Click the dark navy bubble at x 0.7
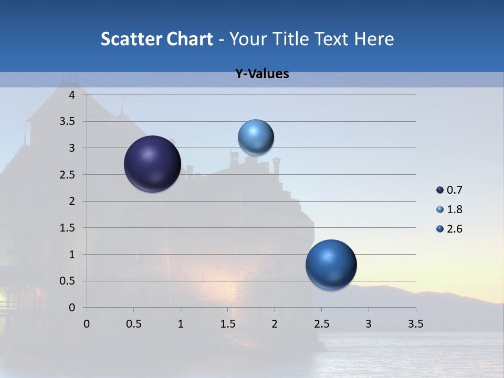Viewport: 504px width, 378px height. pyautogui.click(x=152, y=164)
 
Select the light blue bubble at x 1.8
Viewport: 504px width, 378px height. pyautogui.click(x=256, y=137)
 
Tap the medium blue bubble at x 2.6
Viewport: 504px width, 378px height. pyautogui.click(x=331, y=265)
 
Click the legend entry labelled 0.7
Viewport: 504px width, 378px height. pyautogui.click(x=449, y=190)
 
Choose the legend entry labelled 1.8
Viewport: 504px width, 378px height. pyautogui.click(x=449, y=209)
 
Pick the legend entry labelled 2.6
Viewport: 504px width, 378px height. pyautogui.click(x=449, y=229)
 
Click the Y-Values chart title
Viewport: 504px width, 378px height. pyautogui.click(x=262, y=74)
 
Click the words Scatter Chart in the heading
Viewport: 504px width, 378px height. pyautogui.click(x=156, y=39)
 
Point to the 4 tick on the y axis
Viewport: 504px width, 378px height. pyautogui.click(x=72, y=95)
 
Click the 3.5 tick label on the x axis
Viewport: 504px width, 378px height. pyautogui.click(x=416, y=324)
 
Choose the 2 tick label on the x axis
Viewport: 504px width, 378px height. pyautogui.click(x=275, y=324)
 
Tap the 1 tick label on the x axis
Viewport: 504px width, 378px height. pyautogui.click(x=181, y=324)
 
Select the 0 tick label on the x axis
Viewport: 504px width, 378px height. pyautogui.click(x=87, y=324)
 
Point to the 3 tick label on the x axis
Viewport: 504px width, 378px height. pyautogui.click(x=369, y=324)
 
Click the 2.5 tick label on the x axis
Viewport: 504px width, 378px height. pyautogui.click(x=322, y=324)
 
